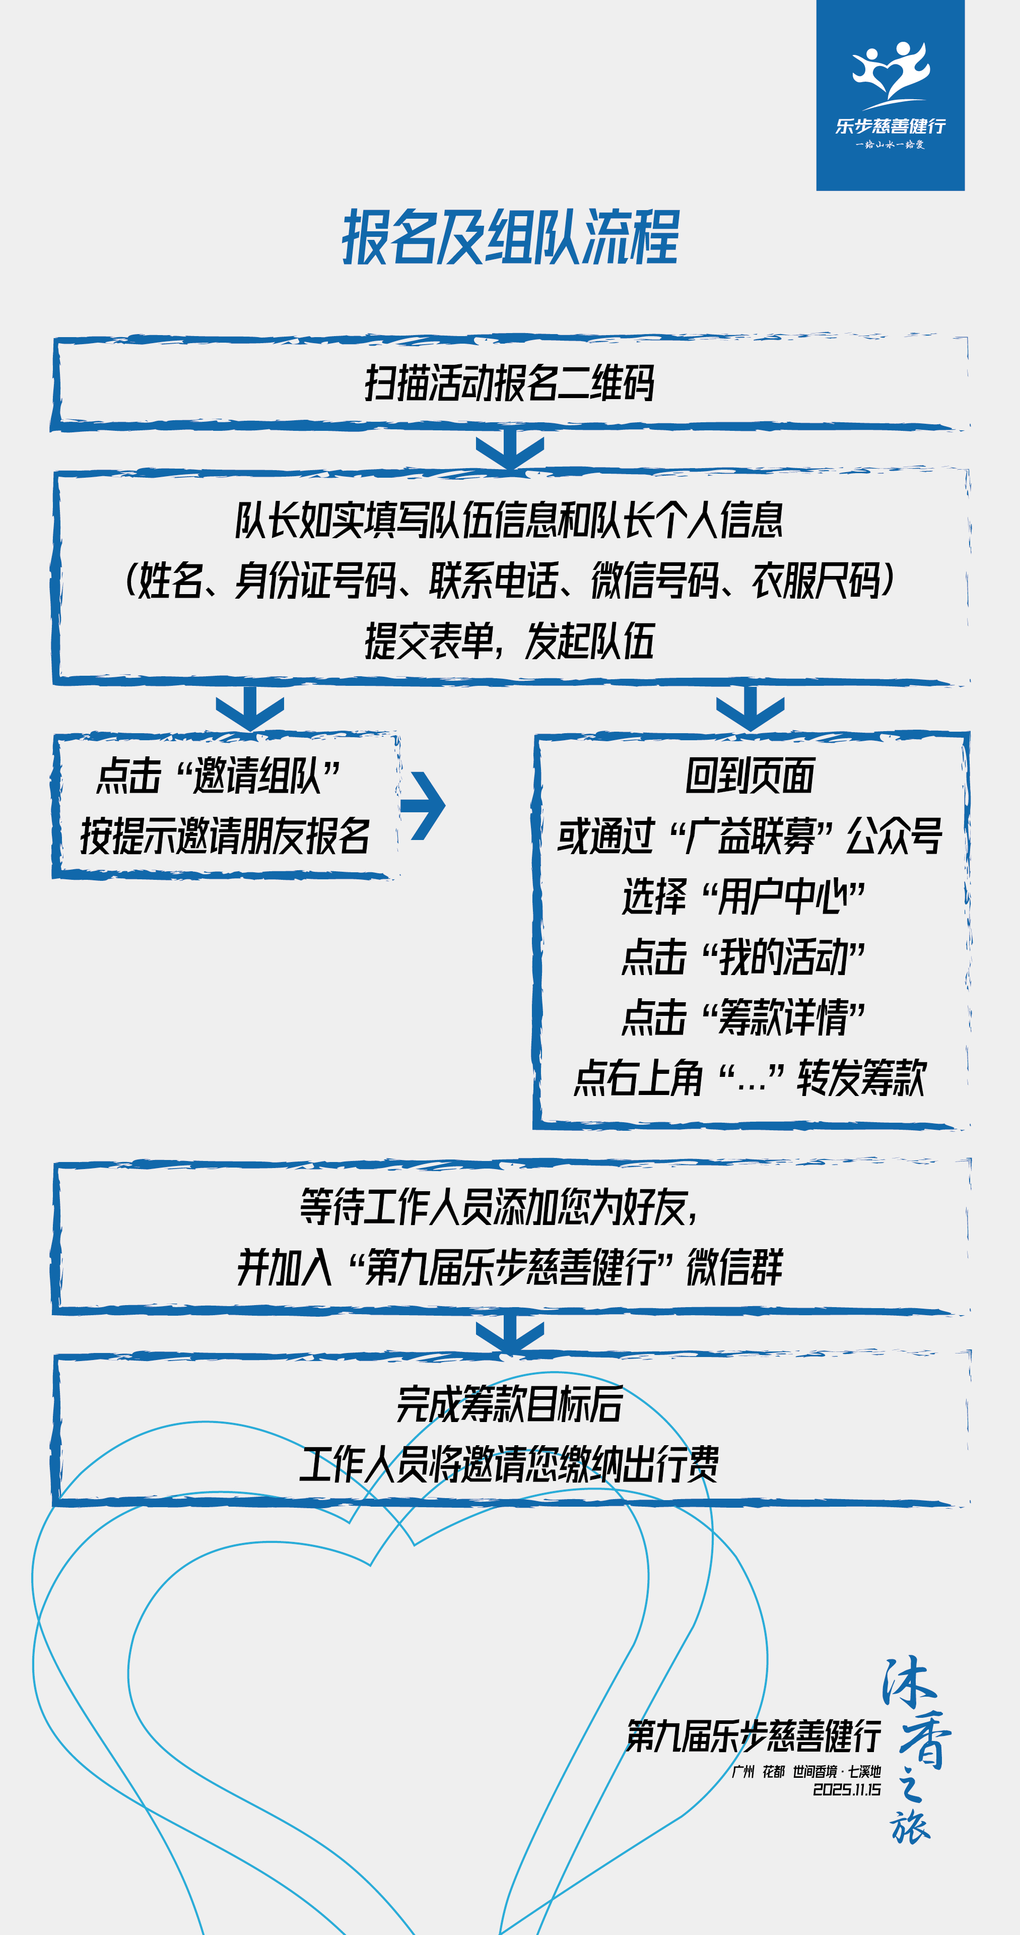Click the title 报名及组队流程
click(510, 238)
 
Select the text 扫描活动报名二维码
click(510, 383)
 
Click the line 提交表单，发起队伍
click(510, 641)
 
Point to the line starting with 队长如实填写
click(510, 520)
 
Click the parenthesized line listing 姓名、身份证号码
click(510, 580)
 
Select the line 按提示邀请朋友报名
click(225, 836)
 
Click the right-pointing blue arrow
click(425, 805)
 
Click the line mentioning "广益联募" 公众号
click(750, 836)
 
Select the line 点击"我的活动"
click(743, 957)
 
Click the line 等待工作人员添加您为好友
click(500, 1207)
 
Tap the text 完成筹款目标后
click(510, 1404)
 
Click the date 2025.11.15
click(847, 1790)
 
